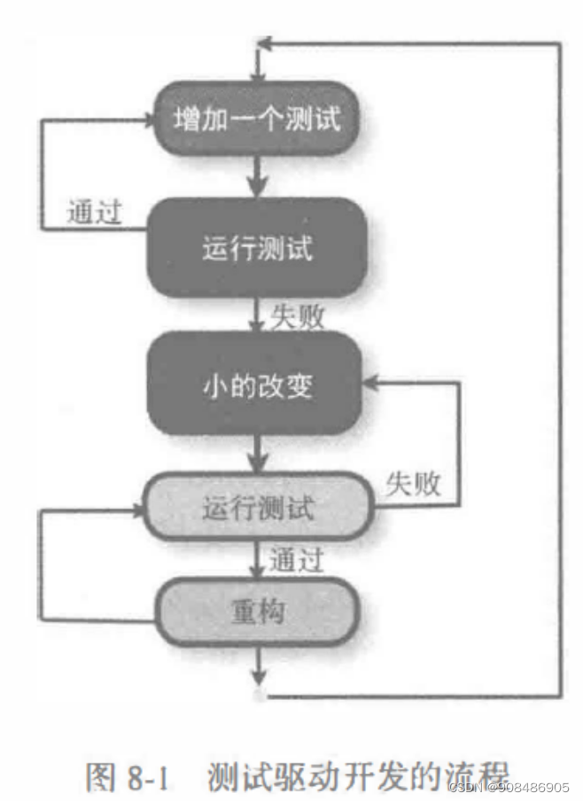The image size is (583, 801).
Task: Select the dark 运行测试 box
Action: tap(258, 248)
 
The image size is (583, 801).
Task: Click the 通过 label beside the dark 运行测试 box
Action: tap(94, 213)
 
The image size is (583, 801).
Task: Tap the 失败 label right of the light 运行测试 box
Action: tap(414, 484)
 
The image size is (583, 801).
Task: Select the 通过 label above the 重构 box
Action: tap(296, 560)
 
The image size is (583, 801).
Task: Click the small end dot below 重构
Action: tap(259, 696)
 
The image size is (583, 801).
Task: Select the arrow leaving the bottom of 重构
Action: tap(258, 665)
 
